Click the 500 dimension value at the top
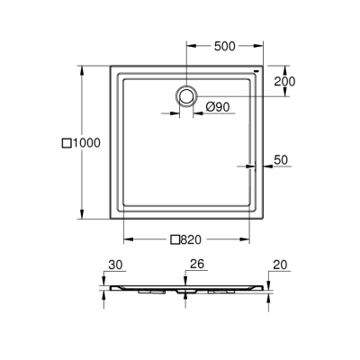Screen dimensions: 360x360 (226, 48)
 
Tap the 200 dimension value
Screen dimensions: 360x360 (285, 80)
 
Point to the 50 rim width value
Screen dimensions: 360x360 (281, 159)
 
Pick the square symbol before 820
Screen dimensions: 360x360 (174, 239)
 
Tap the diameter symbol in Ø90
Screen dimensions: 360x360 (209, 107)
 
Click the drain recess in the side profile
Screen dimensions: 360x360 (187, 292)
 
